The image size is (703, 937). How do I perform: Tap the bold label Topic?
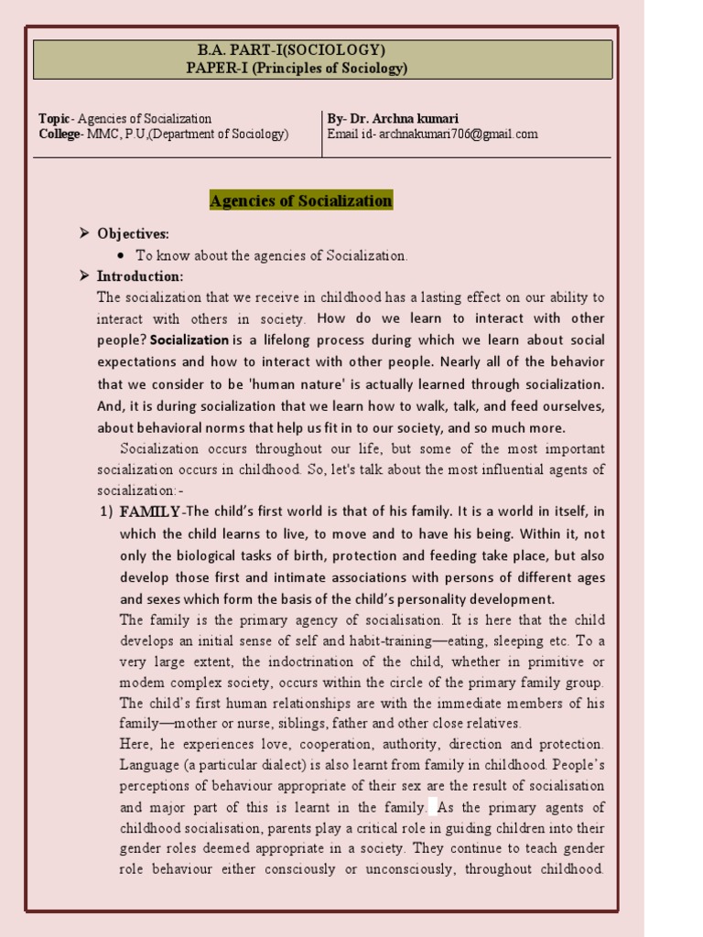(x=54, y=119)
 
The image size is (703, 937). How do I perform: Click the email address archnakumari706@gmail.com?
(x=457, y=135)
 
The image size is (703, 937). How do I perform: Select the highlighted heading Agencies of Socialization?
(x=301, y=201)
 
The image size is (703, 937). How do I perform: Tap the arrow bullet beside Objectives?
(x=84, y=235)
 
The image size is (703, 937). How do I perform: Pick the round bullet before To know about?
(x=122, y=256)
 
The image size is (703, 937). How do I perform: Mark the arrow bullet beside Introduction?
(x=84, y=276)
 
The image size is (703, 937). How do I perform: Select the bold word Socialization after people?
(x=189, y=339)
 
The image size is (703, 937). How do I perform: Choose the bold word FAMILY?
(x=150, y=512)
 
